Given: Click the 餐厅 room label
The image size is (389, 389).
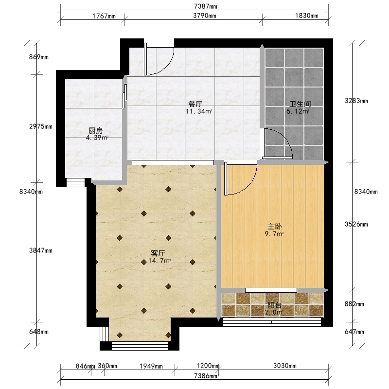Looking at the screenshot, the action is [195, 104].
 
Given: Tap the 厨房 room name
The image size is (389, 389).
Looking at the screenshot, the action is [95, 130].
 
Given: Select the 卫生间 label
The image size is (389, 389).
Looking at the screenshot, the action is [300, 104].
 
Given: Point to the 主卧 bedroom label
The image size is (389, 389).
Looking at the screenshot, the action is [274, 227].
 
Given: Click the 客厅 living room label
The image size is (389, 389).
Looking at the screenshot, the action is [158, 253].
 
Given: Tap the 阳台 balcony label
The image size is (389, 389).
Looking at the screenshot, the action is [274, 305].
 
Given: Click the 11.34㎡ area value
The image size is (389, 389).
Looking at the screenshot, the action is [199, 111].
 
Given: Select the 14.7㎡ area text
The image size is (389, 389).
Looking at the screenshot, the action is [159, 261].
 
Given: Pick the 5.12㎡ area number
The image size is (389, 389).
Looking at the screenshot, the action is [298, 111].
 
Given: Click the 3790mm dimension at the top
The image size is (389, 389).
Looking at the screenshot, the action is [204, 16].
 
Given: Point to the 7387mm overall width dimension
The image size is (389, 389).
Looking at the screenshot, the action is [206, 6].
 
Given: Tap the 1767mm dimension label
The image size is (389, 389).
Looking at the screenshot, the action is [104, 16].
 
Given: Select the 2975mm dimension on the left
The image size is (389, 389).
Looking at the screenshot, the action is [41, 126].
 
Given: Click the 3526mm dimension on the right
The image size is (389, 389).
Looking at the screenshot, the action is [356, 224].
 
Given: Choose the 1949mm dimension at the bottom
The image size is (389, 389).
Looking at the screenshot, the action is [151, 366].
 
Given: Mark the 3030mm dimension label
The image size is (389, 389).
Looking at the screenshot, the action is [285, 366].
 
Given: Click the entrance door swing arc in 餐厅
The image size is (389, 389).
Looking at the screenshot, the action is [167, 68].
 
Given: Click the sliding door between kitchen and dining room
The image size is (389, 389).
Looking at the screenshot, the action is [125, 96].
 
